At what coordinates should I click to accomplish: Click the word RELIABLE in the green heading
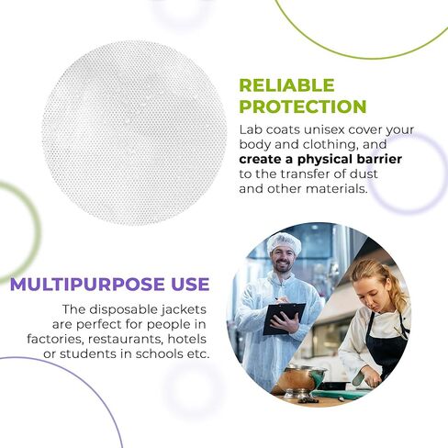(286, 85)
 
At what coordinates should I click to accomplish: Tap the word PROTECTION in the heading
(303, 106)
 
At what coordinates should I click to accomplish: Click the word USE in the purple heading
(190, 285)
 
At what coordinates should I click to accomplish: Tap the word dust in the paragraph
(364, 174)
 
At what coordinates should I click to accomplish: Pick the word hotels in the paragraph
(187, 339)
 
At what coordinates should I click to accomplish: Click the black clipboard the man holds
(284, 319)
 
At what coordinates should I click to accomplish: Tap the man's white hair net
(284, 243)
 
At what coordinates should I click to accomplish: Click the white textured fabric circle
(135, 132)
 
